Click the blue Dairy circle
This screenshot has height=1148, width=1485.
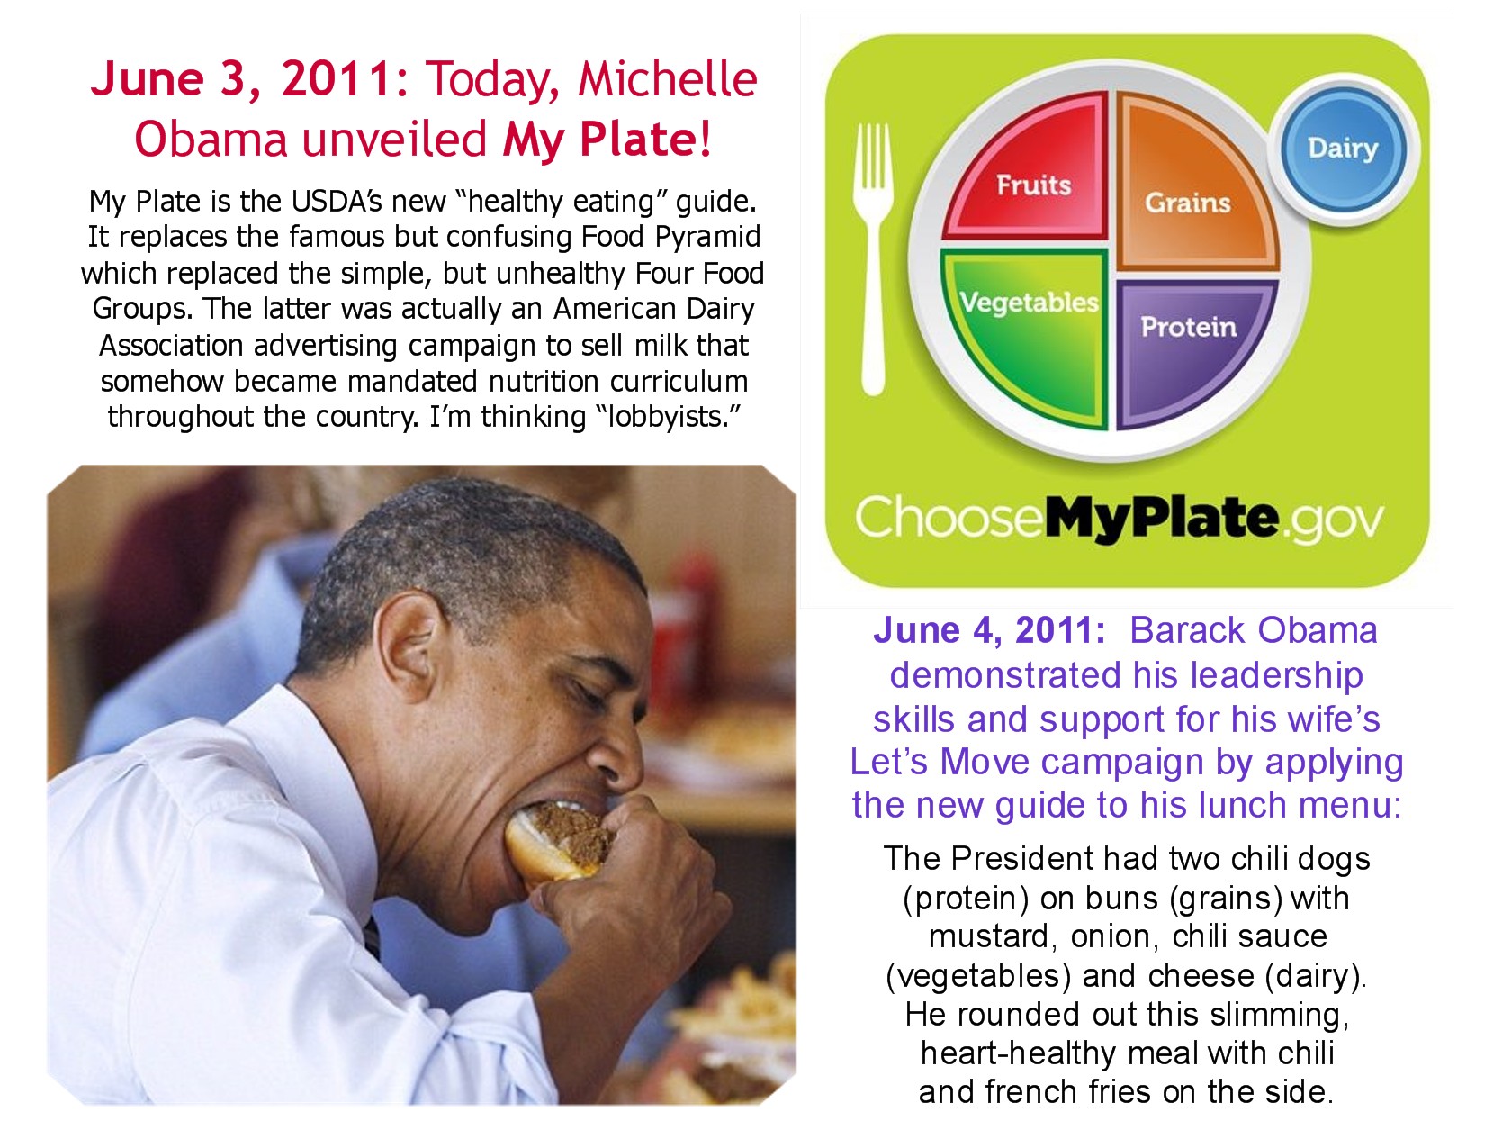click(1342, 149)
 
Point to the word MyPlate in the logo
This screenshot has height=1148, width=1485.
click(1161, 519)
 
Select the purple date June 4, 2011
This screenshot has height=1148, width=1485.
click(989, 631)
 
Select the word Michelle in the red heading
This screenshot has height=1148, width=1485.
click(668, 79)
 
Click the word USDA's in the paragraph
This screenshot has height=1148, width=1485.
click(337, 202)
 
